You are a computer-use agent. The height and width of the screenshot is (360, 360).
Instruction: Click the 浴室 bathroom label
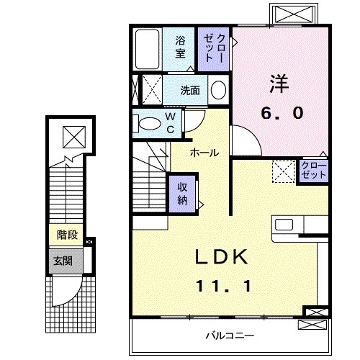click(180, 47)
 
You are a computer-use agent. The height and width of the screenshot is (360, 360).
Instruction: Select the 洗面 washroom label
click(190, 91)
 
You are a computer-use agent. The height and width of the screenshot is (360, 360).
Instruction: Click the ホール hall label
click(204, 153)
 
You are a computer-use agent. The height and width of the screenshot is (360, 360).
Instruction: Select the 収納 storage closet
click(183, 192)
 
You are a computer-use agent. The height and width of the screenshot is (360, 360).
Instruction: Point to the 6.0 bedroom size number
click(282, 113)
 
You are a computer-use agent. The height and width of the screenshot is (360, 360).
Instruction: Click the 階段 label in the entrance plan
click(68, 235)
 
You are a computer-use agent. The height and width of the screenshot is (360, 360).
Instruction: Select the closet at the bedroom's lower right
click(313, 171)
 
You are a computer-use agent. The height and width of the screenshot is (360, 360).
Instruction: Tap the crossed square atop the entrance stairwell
click(73, 135)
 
